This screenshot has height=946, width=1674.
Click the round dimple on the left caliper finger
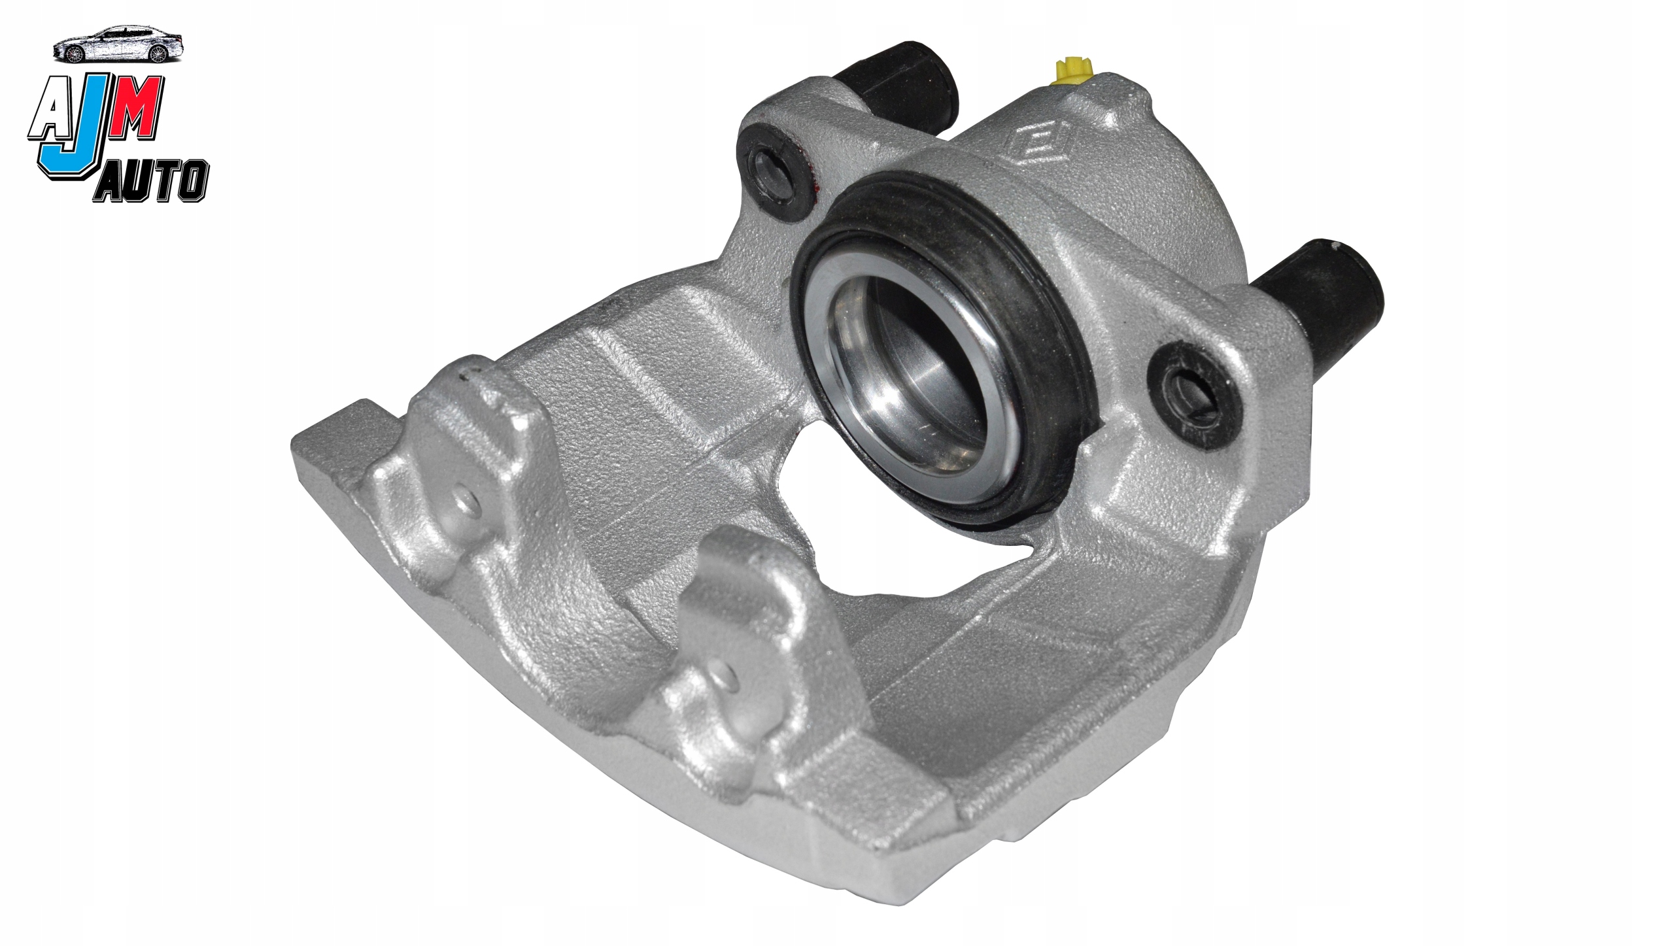465,501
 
